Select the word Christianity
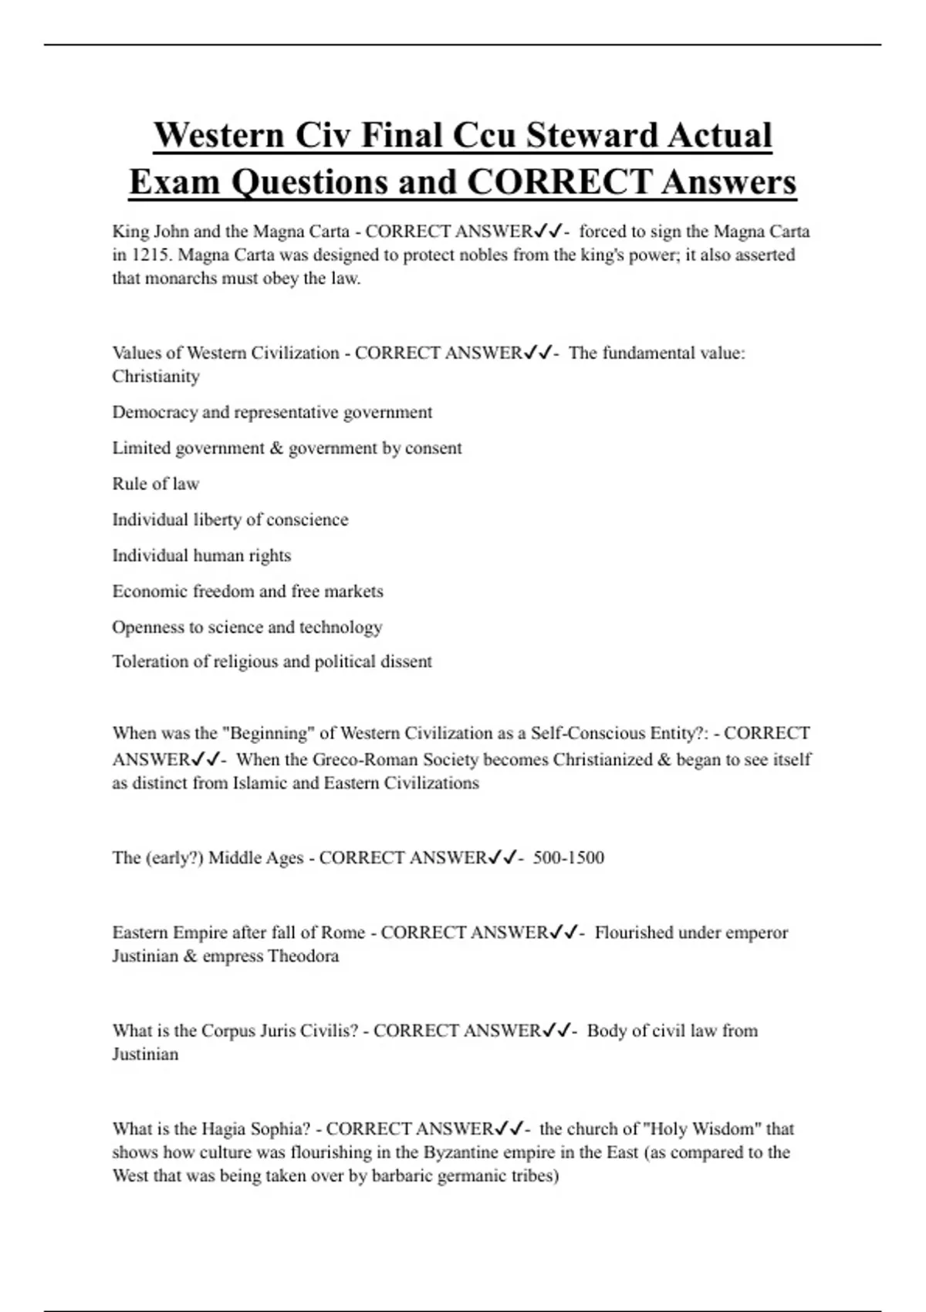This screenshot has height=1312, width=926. pos(156,377)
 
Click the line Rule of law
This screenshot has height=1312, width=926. pos(156,484)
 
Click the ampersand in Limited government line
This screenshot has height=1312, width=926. pos(276,448)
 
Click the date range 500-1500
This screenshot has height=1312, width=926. pos(569,857)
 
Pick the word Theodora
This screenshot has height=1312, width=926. pos(303,956)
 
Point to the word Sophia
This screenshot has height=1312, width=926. pos(279,1129)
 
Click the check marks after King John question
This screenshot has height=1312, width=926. pos(547,231)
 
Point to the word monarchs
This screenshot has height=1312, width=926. pos(184,279)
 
